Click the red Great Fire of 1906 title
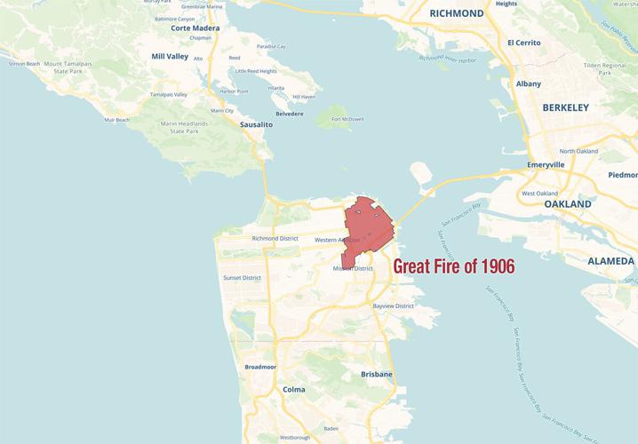tap(453, 266)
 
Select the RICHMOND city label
tap(456, 13)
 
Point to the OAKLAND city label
tap(568, 204)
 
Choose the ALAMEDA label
tap(611, 261)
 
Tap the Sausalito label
tap(256, 125)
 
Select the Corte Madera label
tap(195, 28)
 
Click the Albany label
tap(528, 83)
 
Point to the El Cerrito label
tap(524, 43)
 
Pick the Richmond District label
tap(275, 238)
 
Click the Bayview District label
tap(394, 306)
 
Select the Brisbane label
tap(376, 375)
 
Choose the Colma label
tap(293, 389)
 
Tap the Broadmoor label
tap(260, 366)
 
